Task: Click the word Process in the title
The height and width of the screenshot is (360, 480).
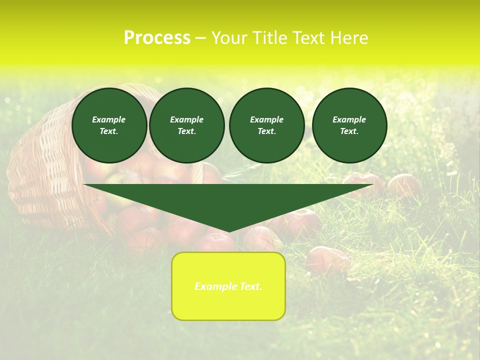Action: (156, 38)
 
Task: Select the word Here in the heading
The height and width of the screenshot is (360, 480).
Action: (349, 38)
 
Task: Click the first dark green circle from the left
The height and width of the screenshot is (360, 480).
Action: (109, 125)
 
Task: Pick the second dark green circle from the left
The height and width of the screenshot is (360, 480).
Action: (186, 125)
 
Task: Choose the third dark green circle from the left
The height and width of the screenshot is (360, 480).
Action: (266, 125)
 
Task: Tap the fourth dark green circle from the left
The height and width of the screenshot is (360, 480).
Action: (349, 125)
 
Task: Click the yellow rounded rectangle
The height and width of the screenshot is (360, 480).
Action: (228, 305)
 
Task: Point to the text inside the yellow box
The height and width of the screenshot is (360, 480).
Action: (228, 286)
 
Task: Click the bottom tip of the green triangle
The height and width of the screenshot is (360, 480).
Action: (228, 230)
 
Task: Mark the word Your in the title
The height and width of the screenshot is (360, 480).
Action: (227, 38)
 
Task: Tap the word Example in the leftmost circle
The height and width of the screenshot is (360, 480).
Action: (109, 119)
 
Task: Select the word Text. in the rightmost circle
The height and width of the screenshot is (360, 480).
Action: (349, 131)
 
